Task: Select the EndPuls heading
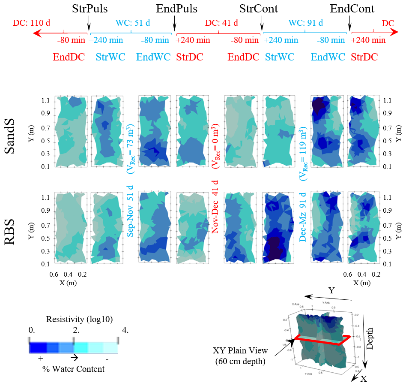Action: tap(176, 9)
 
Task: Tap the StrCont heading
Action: tap(258, 9)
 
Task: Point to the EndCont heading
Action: tap(352, 9)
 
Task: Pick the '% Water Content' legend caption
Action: tap(73, 368)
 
